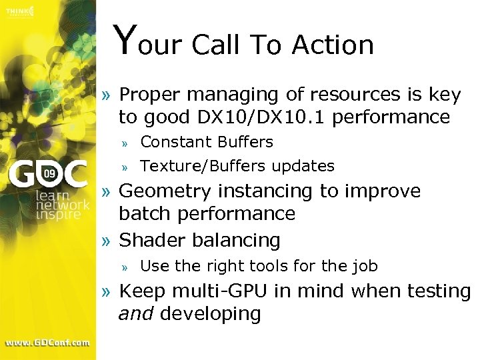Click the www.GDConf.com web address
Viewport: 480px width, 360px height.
[47, 343]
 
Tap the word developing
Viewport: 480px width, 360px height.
[211, 314]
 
